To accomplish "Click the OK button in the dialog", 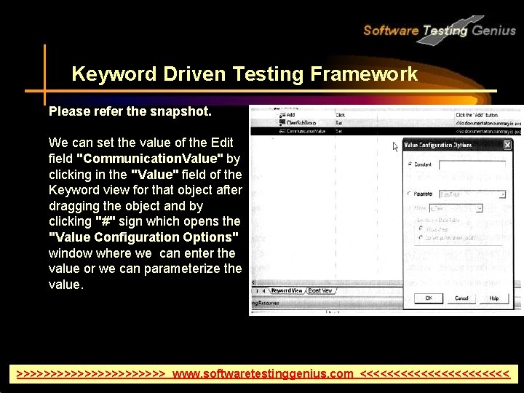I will tap(429, 298).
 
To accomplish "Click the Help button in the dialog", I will tap(494, 298).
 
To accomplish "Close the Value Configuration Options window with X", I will tap(507, 145).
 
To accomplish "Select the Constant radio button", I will tap(410, 164).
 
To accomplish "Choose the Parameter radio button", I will tap(410, 194).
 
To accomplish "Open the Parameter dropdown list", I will tap(502, 194).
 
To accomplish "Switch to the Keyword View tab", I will tap(287, 290).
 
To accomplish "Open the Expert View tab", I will tap(320, 290).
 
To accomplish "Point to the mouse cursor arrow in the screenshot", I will tap(396, 146).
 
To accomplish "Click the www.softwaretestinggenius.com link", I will tap(263, 374).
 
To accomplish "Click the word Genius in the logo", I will tap(493, 30).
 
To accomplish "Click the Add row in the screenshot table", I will tap(290, 115).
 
